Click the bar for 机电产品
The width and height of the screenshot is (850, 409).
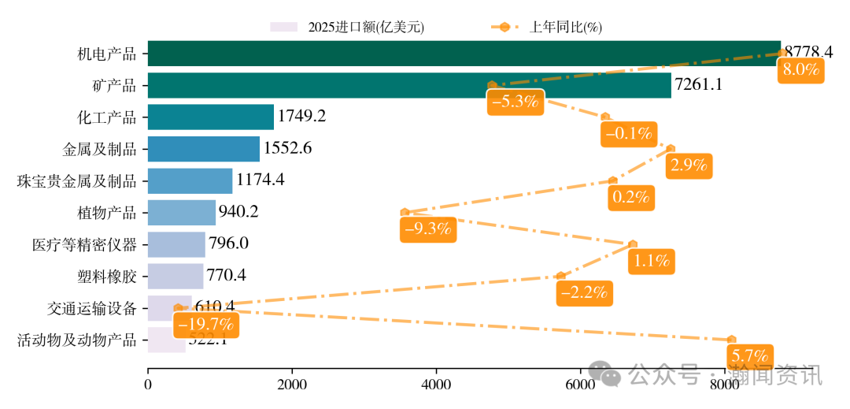[x=464, y=54]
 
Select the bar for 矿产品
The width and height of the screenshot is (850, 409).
[x=409, y=85]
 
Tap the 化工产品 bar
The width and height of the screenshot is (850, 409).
[x=211, y=117]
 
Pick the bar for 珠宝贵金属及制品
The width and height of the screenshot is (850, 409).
[x=190, y=180]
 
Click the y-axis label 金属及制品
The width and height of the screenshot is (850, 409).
[x=99, y=149]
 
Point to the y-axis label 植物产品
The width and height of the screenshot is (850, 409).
[x=107, y=213]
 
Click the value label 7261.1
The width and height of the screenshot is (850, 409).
[x=700, y=85]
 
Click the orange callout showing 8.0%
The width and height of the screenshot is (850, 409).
[x=801, y=70]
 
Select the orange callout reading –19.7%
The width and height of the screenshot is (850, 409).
[x=205, y=324]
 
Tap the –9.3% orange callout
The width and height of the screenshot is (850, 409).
[x=427, y=229]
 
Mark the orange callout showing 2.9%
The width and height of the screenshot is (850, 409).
[x=689, y=165]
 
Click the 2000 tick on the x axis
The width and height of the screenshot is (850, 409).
[x=292, y=385]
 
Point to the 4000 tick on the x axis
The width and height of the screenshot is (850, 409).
[x=436, y=385]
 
